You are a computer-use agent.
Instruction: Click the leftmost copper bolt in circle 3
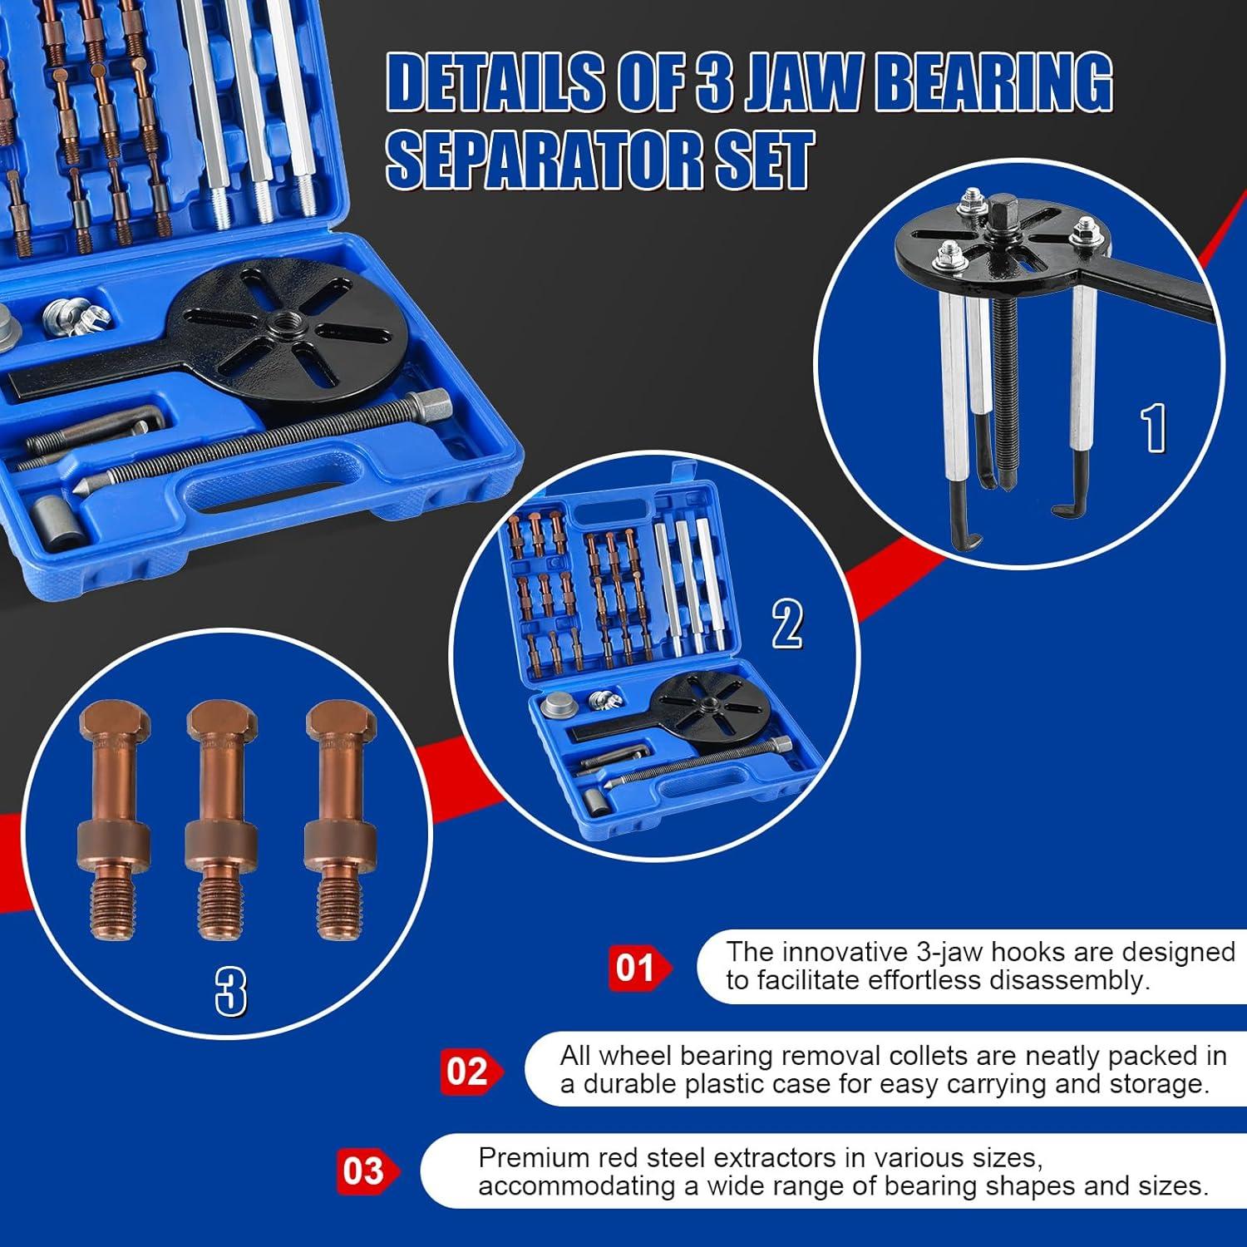pyautogui.click(x=114, y=819)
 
